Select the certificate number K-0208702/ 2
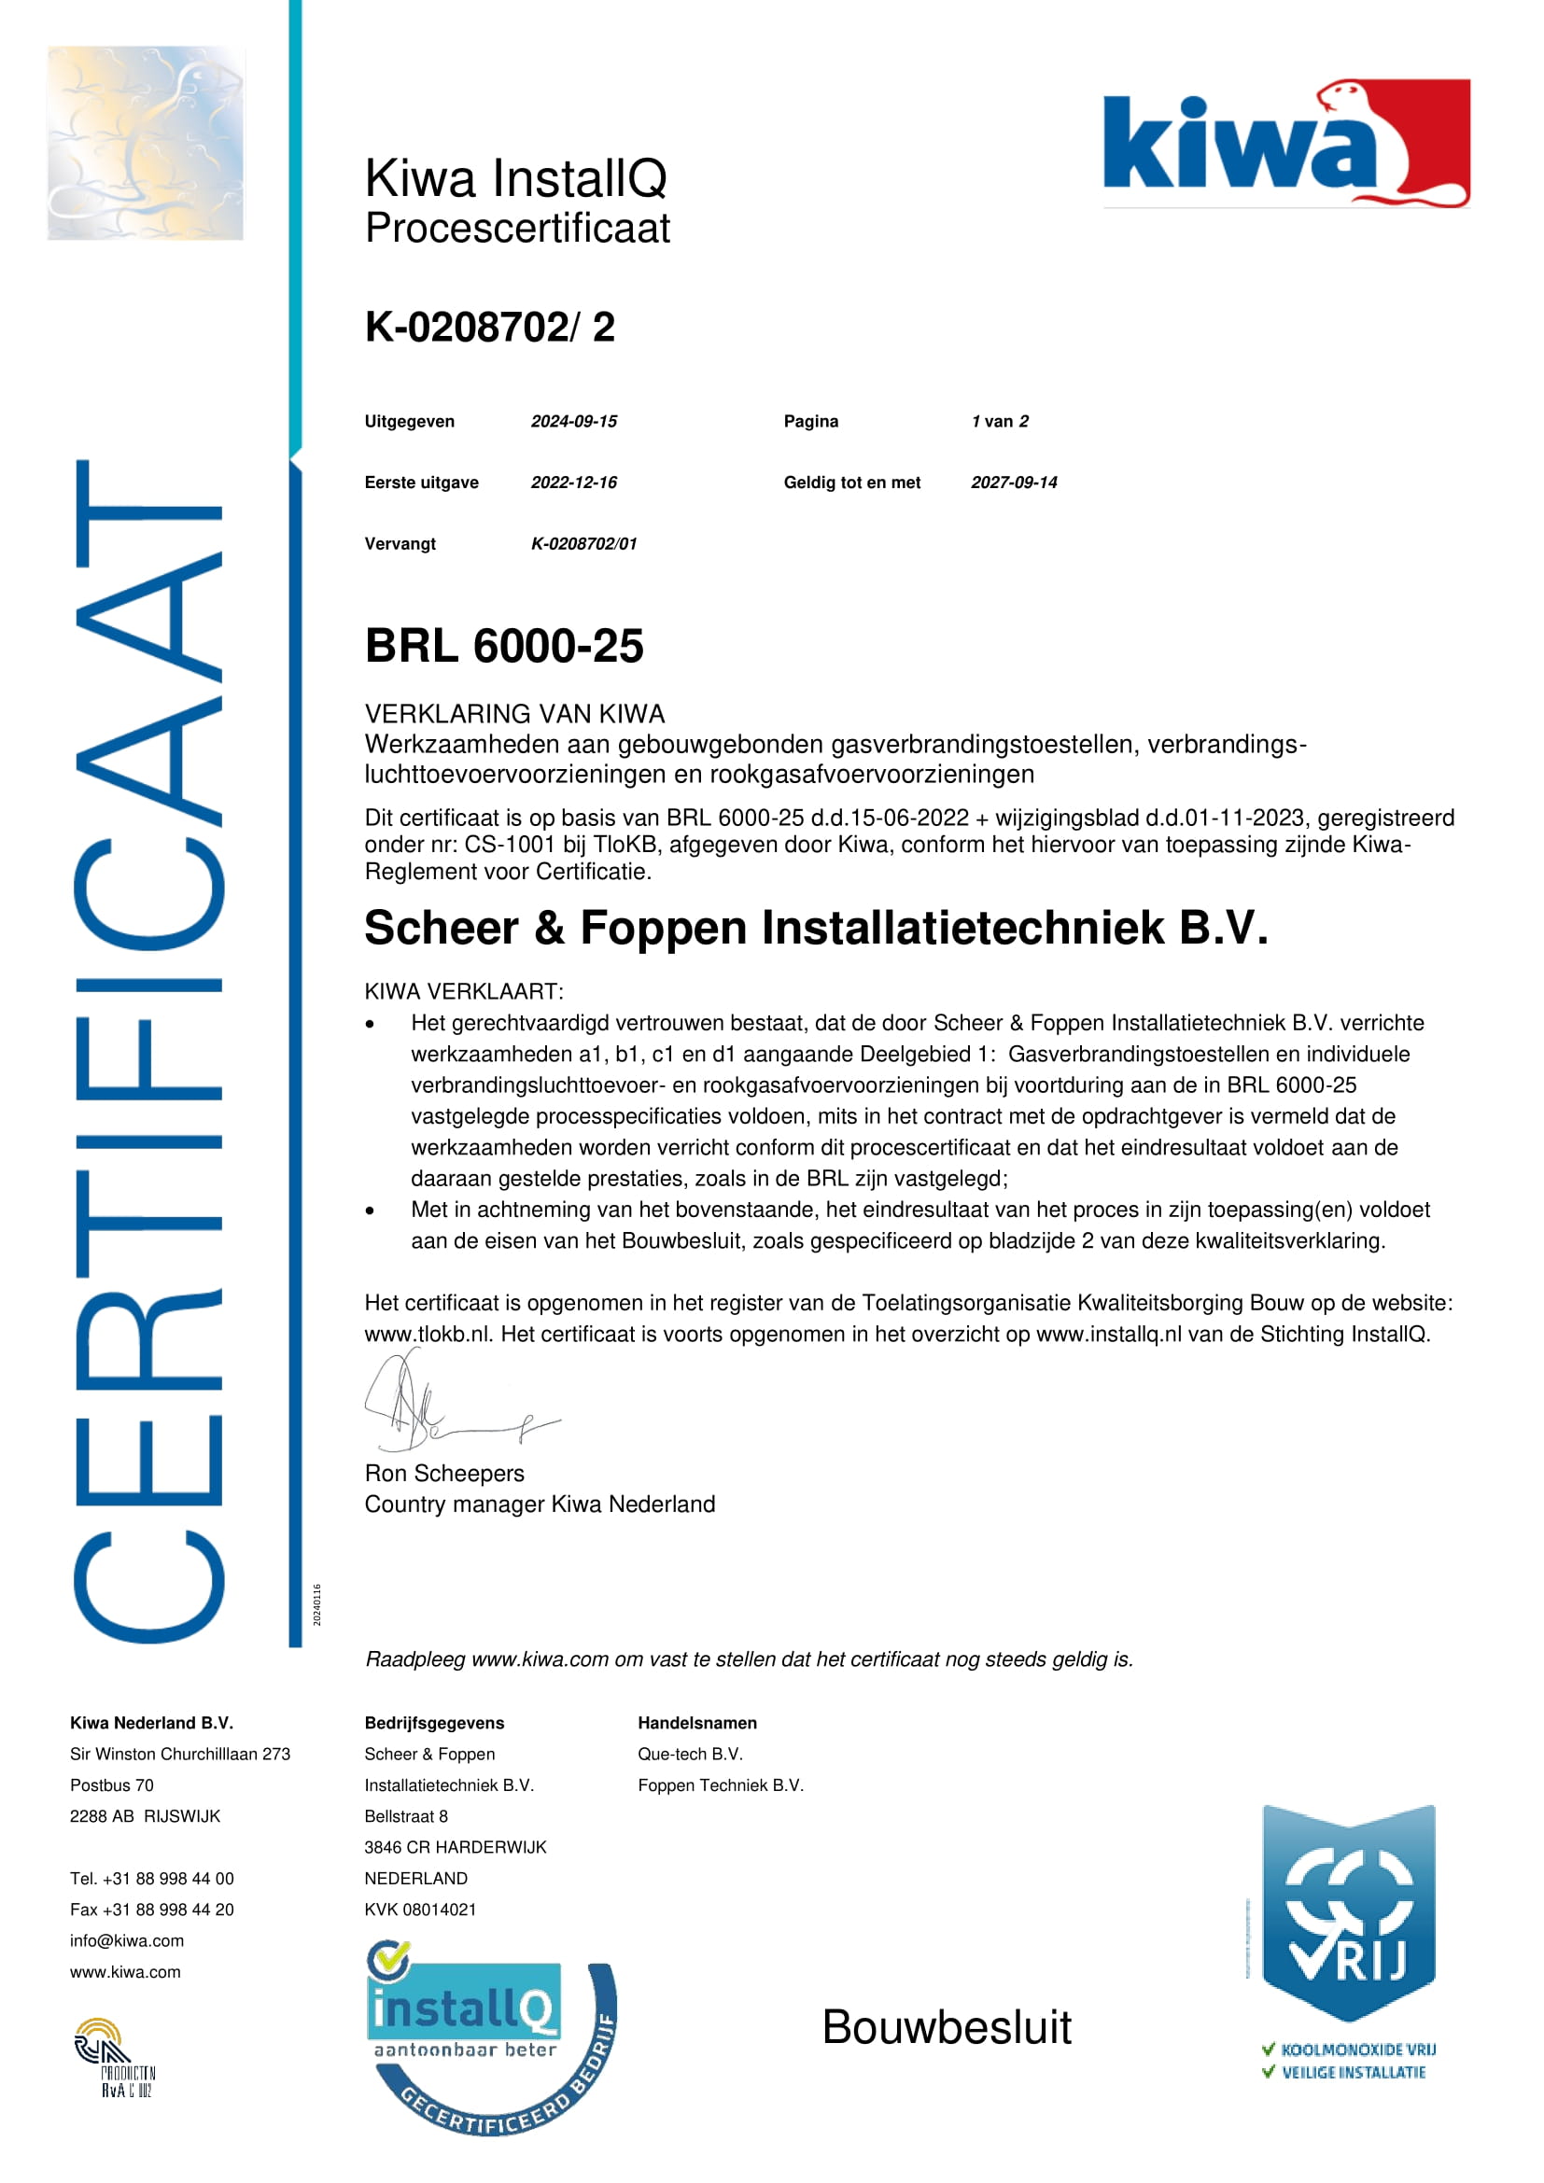tap(490, 327)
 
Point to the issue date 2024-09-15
tap(573, 421)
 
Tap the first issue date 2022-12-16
tap(573, 482)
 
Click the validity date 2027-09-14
tap(1014, 482)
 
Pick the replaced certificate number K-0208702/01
tap(583, 544)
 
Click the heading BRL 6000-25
tap(504, 647)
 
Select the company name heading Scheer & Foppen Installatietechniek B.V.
tap(816, 928)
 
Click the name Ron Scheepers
tap(444, 1473)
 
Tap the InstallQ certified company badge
tap(490, 2035)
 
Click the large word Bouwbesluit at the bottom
tap(946, 2027)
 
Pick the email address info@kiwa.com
tap(126, 1940)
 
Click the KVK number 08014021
tap(420, 1910)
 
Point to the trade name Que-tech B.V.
tap(690, 1755)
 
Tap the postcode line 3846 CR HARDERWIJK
tap(456, 1847)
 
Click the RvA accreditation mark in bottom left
tap(114, 2057)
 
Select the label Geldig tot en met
tap(852, 482)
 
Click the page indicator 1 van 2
tap(999, 421)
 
